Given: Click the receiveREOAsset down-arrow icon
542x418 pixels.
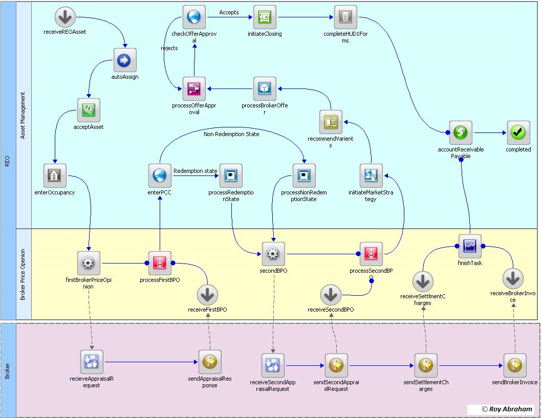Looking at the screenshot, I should coord(65,17).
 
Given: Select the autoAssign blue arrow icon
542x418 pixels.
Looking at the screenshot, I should coord(124,60).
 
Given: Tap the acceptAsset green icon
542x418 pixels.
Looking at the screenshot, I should coord(89,109).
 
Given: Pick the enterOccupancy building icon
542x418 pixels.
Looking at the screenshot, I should coord(54,176).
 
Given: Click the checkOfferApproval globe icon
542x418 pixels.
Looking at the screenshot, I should coord(194,17).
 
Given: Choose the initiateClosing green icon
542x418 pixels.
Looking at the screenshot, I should coord(265,17).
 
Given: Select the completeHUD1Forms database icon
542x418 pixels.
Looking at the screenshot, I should coord(345,17).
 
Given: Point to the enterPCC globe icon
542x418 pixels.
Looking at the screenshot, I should coord(160,176).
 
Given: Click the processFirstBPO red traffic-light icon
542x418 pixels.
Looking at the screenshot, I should coord(160,263).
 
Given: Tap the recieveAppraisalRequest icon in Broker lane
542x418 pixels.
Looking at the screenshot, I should coord(92,362).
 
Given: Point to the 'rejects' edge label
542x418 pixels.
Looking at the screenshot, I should coord(169,49).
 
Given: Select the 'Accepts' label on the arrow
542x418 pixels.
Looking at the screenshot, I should coord(229,12).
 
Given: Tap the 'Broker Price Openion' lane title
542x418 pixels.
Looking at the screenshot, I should coord(23,274).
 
